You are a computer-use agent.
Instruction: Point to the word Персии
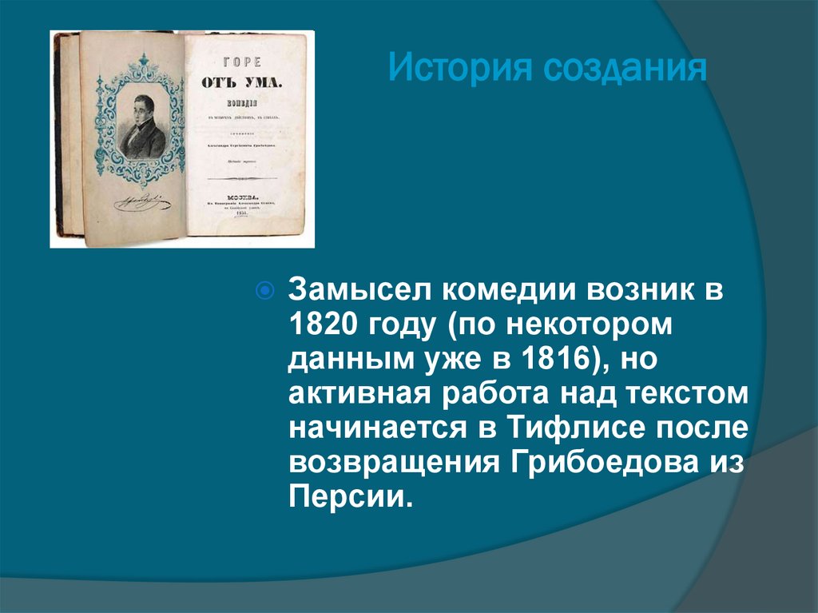pos(350,499)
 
